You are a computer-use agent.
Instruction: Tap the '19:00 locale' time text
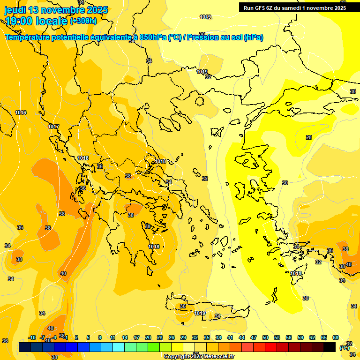click(x=36, y=21)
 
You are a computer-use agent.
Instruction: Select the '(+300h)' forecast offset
click(x=83, y=21)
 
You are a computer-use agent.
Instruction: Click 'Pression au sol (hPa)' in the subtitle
click(x=225, y=37)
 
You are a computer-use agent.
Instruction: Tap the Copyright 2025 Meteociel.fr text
click(x=199, y=357)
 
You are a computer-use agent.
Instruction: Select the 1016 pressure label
click(x=21, y=112)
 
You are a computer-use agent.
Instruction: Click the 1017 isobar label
click(x=53, y=127)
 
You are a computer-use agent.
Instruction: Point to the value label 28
click(x=308, y=137)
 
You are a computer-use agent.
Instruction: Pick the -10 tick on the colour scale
click(x=32, y=337)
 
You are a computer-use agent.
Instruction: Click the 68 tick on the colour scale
click(x=335, y=337)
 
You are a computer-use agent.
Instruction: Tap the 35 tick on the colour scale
click(x=207, y=337)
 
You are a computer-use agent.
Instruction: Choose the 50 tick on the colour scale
click(x=265, y=337)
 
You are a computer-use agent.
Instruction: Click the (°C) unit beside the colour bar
click(x=345, y=348)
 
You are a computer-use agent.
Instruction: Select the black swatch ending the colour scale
click(x=330, y=347)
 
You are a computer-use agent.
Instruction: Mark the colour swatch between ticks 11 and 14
click(x=119, y=347)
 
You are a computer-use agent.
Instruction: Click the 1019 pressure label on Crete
click(x=200, y=313)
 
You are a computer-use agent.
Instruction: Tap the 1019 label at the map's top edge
click(x=205, y=17)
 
